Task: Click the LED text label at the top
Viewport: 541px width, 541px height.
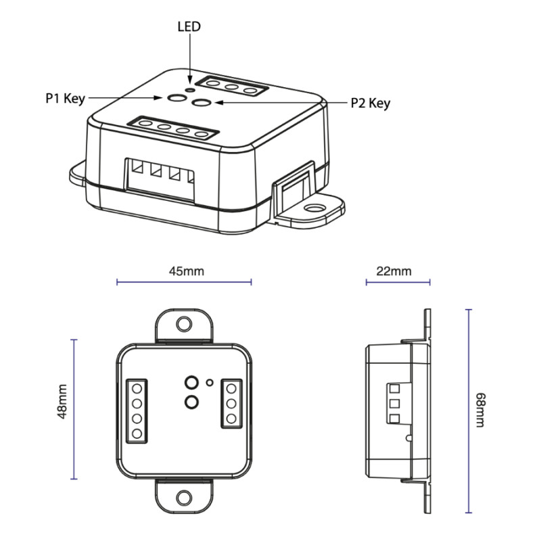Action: tap(189, 27)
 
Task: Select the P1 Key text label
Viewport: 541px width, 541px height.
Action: tap(65, 99)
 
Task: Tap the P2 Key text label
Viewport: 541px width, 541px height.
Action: tap(371, 103)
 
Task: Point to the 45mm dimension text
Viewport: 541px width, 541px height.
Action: tap(185, 271)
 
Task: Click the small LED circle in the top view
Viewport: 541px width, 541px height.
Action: tap(210, 383)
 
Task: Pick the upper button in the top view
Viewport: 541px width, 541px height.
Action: tap(191, 382)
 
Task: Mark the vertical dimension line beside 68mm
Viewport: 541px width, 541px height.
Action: tap(468, 409)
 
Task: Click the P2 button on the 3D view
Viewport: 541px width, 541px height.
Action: tap(201, 103)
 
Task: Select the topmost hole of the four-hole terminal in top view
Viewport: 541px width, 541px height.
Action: tap(137, 387)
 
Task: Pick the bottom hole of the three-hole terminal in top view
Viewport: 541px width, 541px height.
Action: tap(232, 418)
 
